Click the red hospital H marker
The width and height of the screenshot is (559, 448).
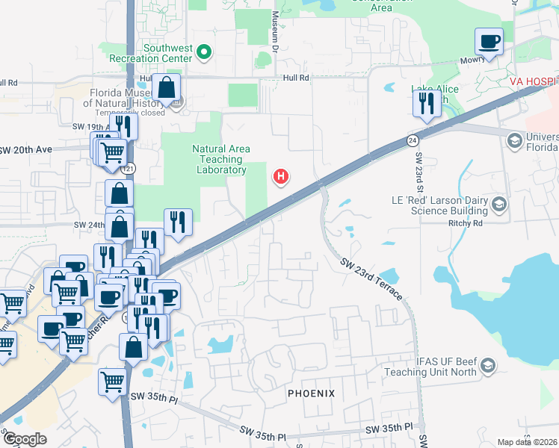[281, 177]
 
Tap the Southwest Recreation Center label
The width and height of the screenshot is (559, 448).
[157, 53]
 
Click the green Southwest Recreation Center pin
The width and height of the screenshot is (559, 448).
[203, 52]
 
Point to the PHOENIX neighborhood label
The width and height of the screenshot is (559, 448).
[311, 393]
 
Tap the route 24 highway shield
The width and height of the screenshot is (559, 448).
[413, 140]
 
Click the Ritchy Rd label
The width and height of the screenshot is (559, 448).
[467, 223]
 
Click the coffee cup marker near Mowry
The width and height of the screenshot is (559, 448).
[489, 42]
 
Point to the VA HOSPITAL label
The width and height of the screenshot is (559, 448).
[534, 80]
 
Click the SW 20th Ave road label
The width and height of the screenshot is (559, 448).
[25, 149]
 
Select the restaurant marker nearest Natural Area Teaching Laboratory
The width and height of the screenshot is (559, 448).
[178, 222]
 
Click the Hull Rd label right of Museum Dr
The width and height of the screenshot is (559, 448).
[295, 78]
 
